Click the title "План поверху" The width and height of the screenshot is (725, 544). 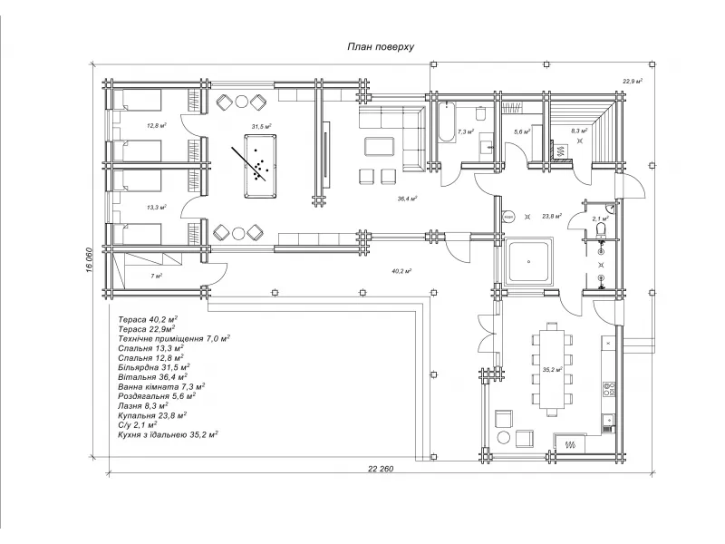click(x=381, y=47)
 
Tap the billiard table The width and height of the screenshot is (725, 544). click(x=260, y=166)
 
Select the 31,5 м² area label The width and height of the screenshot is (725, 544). click(x=261, y=126)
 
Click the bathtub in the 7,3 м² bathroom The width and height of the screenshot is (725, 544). click(x=446, y=121)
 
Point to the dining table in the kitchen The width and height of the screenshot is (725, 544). click(x=552, y=368)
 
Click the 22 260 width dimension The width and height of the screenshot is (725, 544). click(x=381, y=469)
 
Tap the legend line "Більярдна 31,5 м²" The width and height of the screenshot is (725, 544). click(x=152, y=367)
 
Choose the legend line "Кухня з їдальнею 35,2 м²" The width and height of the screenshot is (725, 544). click(x=168, y=435)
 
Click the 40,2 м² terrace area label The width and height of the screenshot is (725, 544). click(x=401, y=271)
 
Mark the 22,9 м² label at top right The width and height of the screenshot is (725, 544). click(x=633, y=82)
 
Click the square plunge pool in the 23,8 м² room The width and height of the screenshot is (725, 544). click(x=529, y=261)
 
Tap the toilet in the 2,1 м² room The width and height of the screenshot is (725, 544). click(x=602, y=228)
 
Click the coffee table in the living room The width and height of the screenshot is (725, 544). click(x=380, y=147)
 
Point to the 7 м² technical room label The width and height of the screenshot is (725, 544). click(x=156, y=277)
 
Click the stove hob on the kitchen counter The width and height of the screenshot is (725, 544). click(x=609, y=389)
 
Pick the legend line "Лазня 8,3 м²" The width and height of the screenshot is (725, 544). click(x=143, y=405)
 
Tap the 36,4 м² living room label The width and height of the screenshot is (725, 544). click(x=407, y=199)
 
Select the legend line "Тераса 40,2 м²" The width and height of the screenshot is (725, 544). click(x=148, y=319)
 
